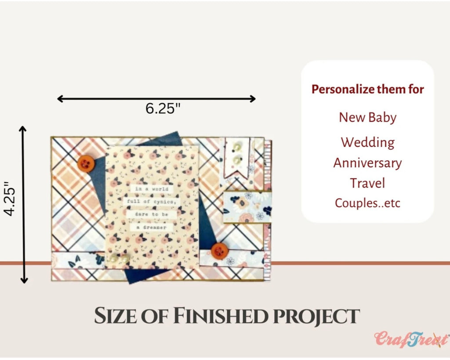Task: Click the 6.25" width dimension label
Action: click(163, 109)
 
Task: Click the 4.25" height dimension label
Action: click(10, 198)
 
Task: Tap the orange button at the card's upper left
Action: click(86, 164)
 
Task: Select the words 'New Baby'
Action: click(368, 118)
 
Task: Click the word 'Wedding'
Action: click(368, 142)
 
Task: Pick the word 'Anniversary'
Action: click(368, 163)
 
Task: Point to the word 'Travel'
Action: click(367, 183)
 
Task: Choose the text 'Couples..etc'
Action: click(367, 203)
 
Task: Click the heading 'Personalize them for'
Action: click(368, 89)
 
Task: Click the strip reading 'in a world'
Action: click(152, 189)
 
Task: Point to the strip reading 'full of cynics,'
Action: click(151, 202)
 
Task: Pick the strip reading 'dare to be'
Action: click(152, 215)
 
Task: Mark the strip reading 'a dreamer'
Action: click(151, 227)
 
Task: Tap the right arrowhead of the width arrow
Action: click(253, 99)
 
